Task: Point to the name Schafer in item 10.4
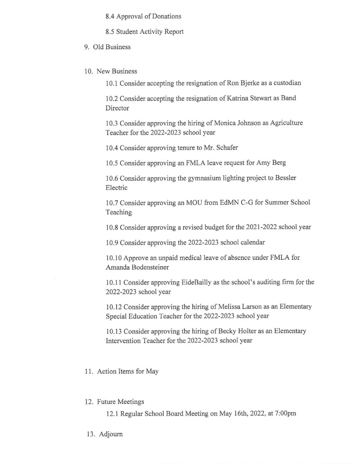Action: pyautogui.click(x=227, y=148)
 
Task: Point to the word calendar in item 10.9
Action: pyautogui.click(x=251, y=242)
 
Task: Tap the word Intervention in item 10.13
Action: pyautogui.click(x=124, y=341)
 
